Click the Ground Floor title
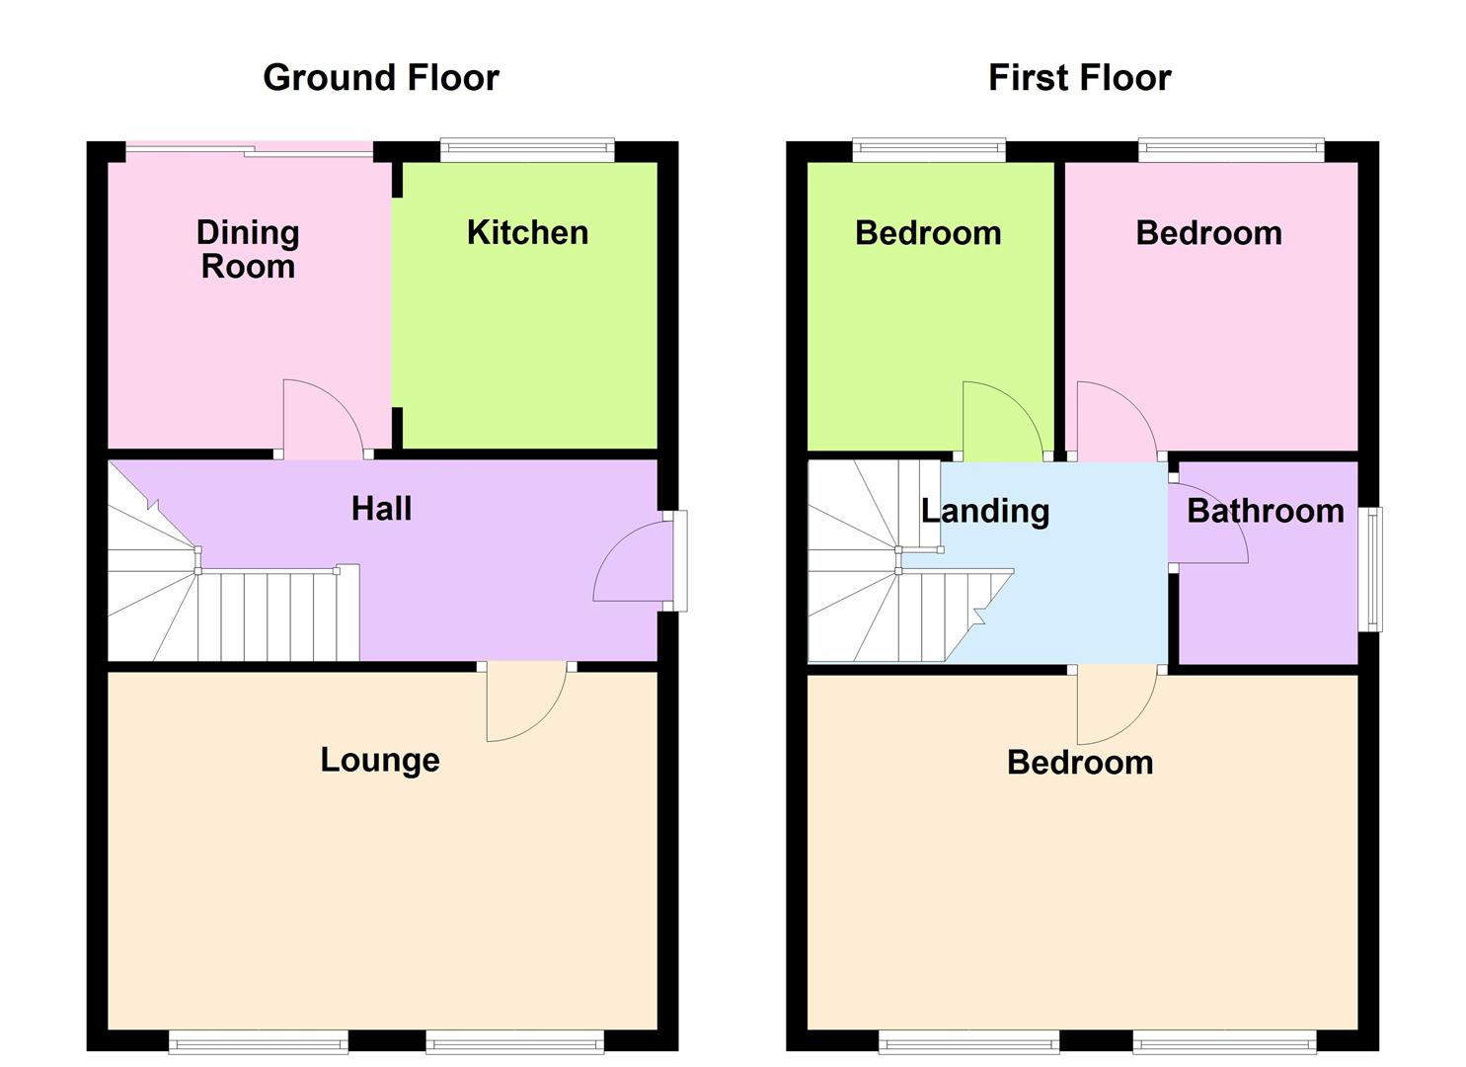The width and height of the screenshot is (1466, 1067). coord(381,77)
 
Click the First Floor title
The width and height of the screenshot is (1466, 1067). coord(1079,77)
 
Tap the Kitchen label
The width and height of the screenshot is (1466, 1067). coord(527,232)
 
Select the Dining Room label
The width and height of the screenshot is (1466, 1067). coord(248,249)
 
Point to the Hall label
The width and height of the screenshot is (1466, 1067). coord(381,509)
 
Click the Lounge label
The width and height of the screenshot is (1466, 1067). coord(380,760)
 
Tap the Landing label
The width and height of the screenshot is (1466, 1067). coord(984,511)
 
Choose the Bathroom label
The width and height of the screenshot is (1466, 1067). coord(1265,511)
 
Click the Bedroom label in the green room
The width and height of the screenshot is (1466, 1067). coord(928,233)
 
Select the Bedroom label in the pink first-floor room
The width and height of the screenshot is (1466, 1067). coord(1208,233)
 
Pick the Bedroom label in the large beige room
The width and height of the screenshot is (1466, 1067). coord(1080,763)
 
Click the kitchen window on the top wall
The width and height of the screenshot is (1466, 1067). coord(527,150)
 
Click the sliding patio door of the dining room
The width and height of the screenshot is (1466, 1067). coord(249,150)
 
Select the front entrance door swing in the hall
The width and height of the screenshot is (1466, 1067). coord(632,563)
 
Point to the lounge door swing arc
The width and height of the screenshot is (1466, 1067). coord(528,706)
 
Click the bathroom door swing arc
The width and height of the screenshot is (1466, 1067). coord(1209,524)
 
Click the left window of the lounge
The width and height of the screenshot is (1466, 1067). coord(258,1041)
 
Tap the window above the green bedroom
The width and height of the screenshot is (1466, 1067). coord(929,150)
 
